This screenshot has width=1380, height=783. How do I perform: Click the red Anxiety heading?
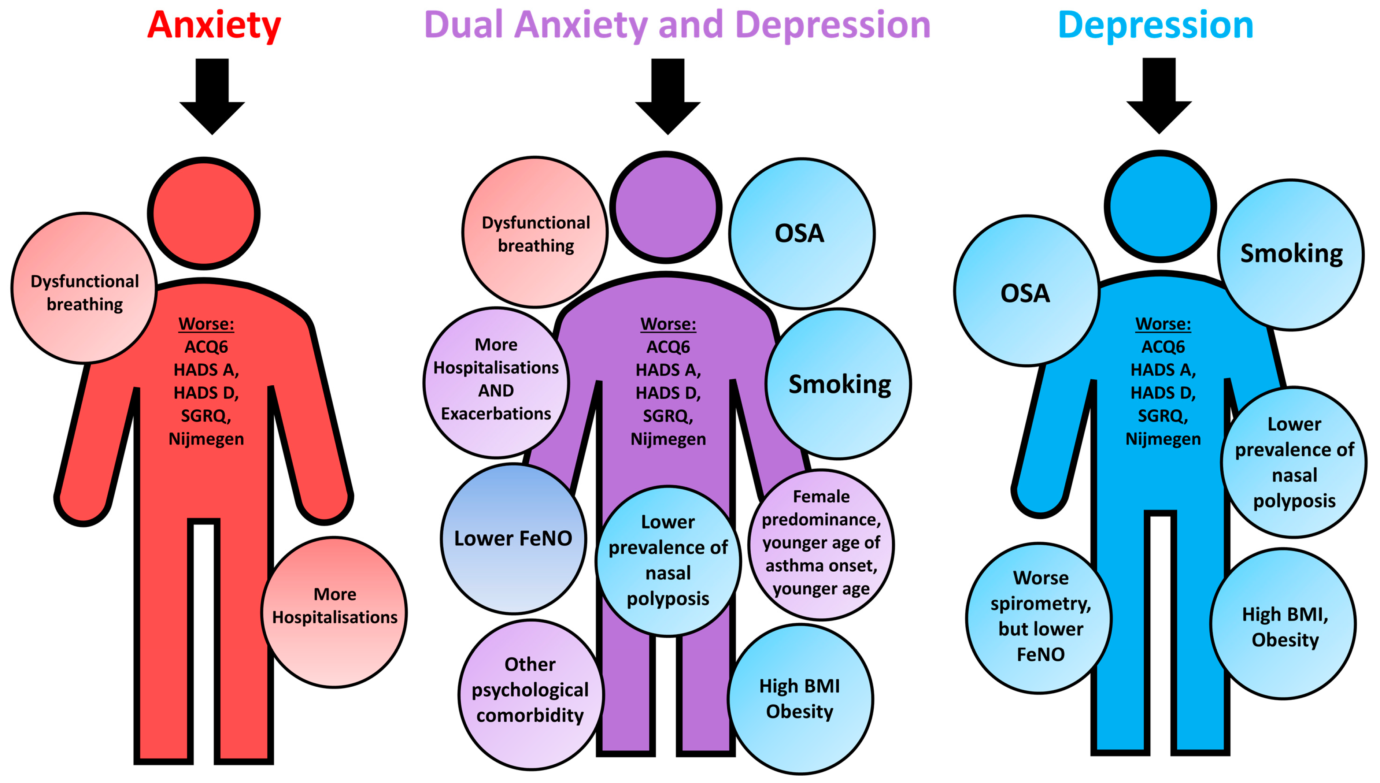214,25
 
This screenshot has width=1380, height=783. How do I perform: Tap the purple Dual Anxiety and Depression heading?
677,25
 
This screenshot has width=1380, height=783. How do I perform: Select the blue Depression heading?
1155,25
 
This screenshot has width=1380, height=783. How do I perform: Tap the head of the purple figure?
666,207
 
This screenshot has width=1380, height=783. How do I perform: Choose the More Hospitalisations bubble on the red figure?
334,612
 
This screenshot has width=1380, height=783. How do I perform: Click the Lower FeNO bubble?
514,538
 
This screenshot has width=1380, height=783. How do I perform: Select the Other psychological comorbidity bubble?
530,694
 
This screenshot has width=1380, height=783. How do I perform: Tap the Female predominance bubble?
821,544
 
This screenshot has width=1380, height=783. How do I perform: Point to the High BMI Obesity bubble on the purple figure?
800,698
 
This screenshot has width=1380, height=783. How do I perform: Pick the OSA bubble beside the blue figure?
1026,292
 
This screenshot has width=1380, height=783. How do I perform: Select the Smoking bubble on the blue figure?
1291,255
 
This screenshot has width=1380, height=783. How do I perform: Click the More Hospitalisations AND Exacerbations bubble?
496,382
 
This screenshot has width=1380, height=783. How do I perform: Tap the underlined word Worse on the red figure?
206,324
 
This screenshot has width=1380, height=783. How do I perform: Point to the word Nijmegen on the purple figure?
668,439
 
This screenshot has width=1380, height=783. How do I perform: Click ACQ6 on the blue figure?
1163,347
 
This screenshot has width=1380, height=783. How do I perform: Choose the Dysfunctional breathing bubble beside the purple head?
535,233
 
